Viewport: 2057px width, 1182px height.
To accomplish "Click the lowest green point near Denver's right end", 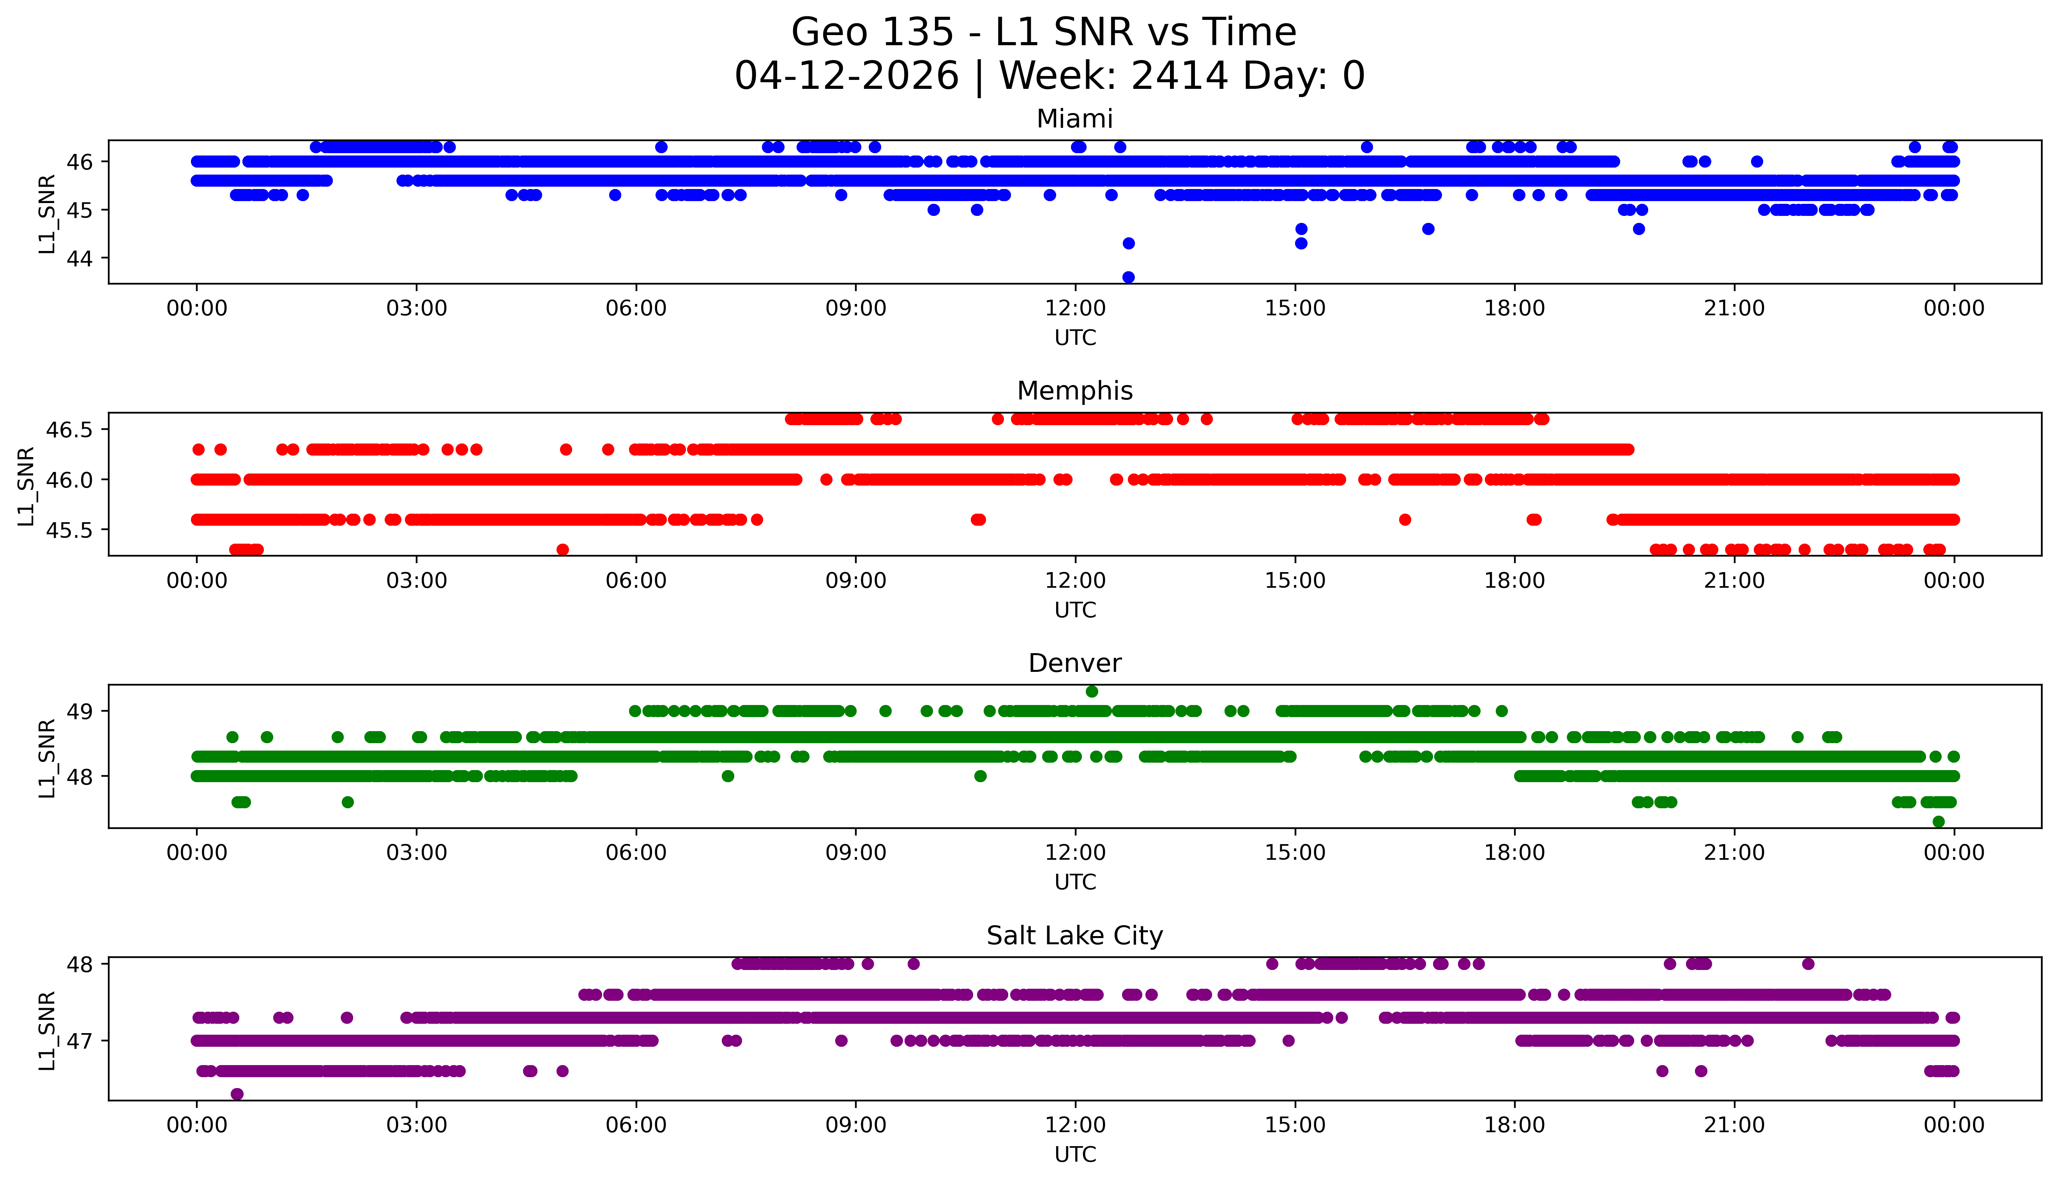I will [x=1939, y=822].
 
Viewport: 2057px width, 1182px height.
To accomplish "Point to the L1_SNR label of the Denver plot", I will [x=47, y=758].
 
